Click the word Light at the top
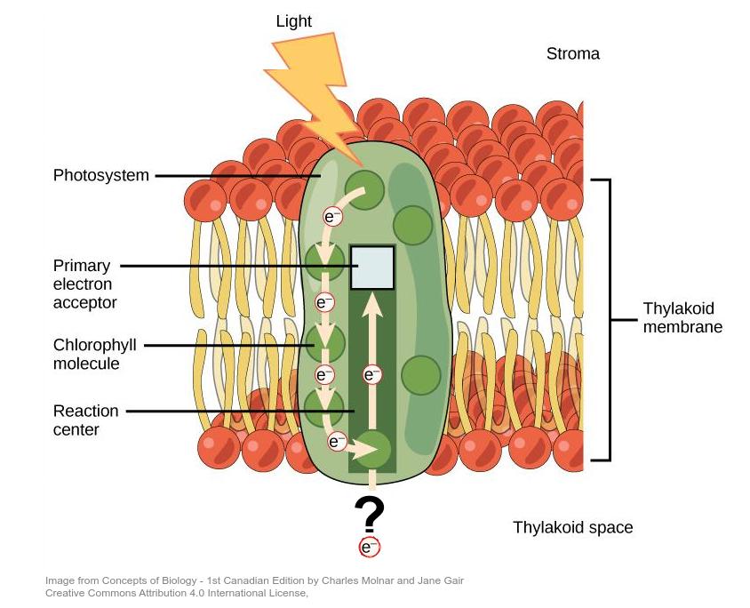tap(293, 20)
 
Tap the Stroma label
tap(572, 54)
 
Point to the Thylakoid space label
tap(572, 527)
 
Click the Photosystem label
tap(100, 175)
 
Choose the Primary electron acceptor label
tap(85, 284)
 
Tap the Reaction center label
tap(85, 420)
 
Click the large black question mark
tap(369, 514)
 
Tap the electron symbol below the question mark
tap(369, 548)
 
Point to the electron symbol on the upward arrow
tap(373, 374)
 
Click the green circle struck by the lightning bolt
tap(363, 188)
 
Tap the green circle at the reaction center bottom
tap(373, 449)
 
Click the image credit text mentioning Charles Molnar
tap(254, 581)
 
